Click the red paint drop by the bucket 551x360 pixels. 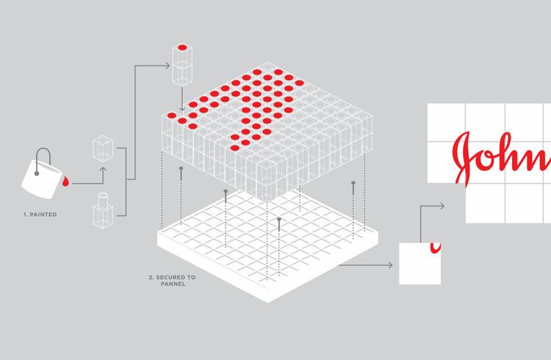coord(65,181)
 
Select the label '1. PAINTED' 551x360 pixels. coord(40,215)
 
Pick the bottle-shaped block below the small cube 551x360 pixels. coord(101,213)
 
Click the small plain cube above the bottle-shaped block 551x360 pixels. coord(102,148)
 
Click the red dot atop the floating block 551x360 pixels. coord(182,48)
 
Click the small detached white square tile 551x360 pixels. coord(419,263)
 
